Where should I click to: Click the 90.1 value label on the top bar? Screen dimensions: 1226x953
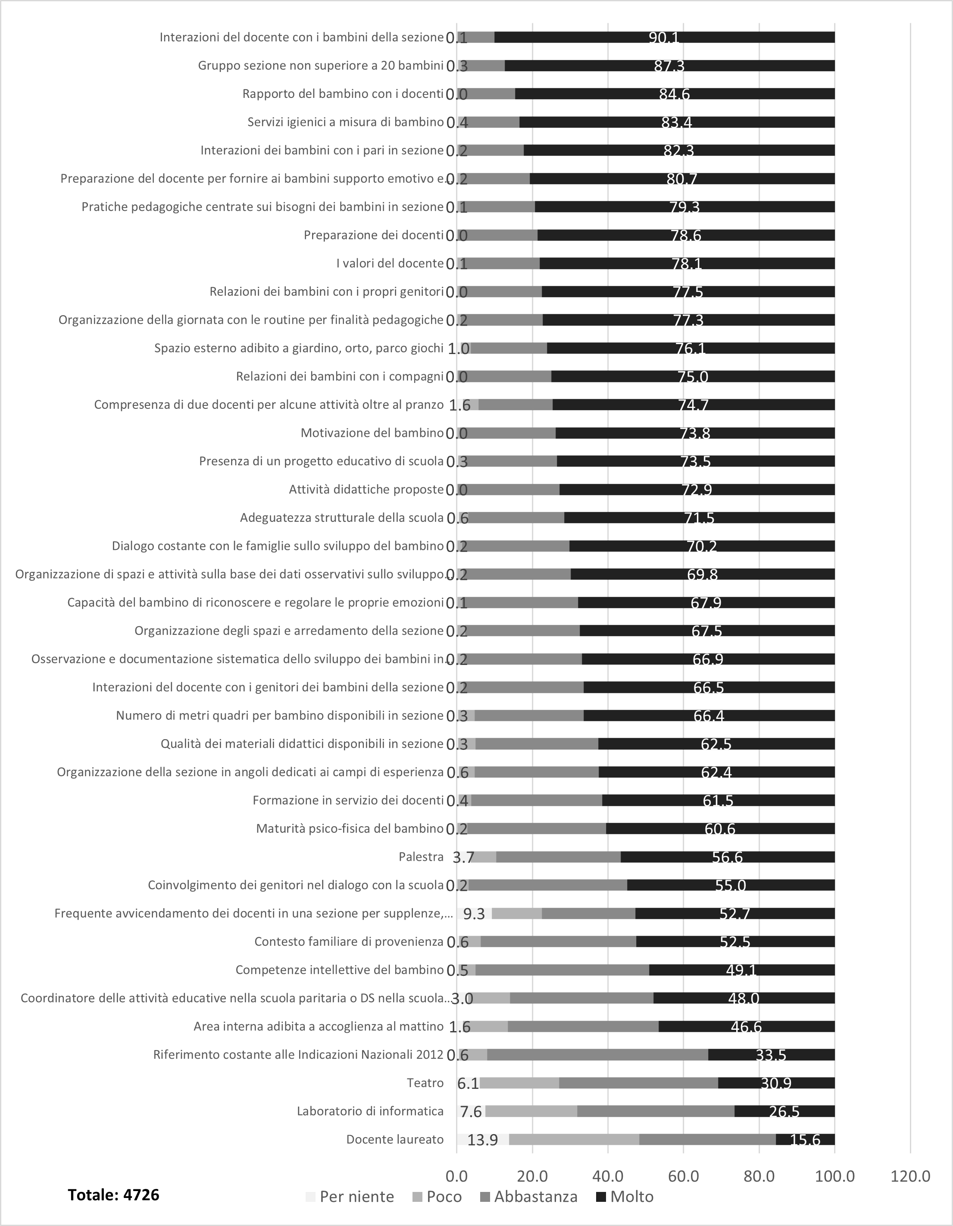pos(664,38)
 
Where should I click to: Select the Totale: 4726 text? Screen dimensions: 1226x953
pos(113,1195)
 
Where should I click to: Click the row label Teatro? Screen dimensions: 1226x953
pos(425,1083)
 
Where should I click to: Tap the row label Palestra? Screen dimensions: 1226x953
pos(421,856)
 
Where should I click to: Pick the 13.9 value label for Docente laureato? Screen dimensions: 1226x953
pos(483,1140)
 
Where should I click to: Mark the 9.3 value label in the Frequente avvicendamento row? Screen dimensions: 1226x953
pos(474,914)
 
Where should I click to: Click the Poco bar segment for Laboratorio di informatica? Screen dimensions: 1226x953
pos(531,1111)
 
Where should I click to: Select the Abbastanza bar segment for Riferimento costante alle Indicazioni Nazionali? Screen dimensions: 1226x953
pos(597,1055)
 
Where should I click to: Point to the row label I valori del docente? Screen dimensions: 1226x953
pos(390,263)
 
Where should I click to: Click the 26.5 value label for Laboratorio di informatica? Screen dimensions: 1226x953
pos(784,1111)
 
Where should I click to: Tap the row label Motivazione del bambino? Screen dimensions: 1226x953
pos(372,433)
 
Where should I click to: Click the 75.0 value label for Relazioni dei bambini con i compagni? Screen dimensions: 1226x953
pos(693,376)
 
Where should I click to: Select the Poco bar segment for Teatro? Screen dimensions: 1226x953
pos(519,1083)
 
